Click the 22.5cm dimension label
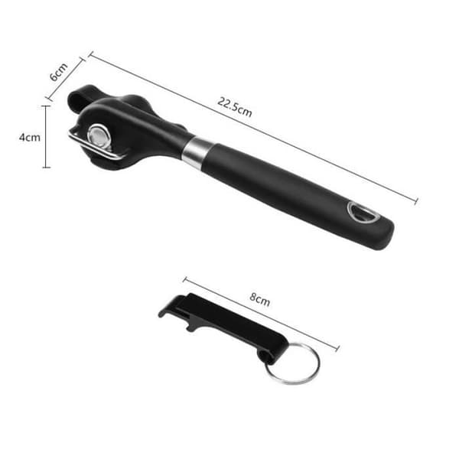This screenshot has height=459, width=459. pyautogui.click(x=235, y=107)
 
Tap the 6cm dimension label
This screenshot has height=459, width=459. pyautogui.click(x=59, y=72)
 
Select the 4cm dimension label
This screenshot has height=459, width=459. pyautogui.click(x=30, y=137)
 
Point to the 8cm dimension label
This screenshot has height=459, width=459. pyautogui.click(x=259, y=299)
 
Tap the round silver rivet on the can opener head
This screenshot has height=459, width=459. pyautogui.click(x=99, y=136)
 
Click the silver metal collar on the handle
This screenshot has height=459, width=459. pyautogui.click(x=197, y=152)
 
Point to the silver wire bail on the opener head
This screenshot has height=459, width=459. pyautogui.click(x=93, y=146)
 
